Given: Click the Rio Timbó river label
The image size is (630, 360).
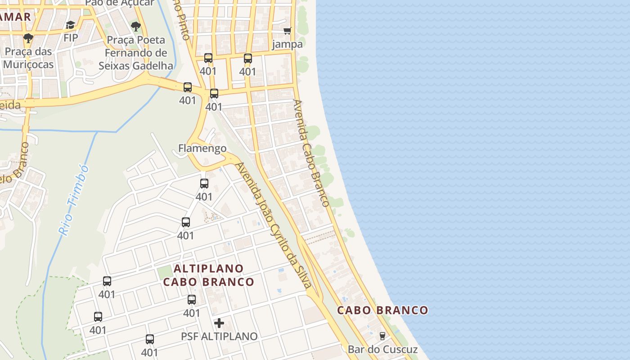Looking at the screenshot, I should click(74, 201).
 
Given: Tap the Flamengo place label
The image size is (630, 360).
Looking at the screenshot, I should click(202, 148).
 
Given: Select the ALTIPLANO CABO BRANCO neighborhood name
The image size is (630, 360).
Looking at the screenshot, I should click(209, 275).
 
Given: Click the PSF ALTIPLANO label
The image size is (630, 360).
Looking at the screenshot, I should click(219, 336).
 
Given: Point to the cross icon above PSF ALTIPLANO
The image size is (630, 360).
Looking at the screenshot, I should click(219, 323).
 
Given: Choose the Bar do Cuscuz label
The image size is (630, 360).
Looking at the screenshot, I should click(382, 349).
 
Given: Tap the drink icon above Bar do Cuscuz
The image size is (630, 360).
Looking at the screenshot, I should click(382, 336).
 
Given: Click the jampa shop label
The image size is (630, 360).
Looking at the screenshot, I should click(288, 44).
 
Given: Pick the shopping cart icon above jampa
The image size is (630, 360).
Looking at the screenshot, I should click(288, 31).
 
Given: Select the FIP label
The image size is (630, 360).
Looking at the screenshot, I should click(71, 38).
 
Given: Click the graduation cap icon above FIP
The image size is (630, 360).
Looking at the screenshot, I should click(70, 25).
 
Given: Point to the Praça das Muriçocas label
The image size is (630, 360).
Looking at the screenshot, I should click(28, 58).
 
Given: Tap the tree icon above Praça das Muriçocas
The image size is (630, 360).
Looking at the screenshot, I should click(28, 38).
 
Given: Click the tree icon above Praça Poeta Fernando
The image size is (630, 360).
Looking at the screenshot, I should click(135, 27).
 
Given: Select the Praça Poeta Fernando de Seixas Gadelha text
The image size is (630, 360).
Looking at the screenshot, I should click(135, 53).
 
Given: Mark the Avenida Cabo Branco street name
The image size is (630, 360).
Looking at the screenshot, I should click(311, 153).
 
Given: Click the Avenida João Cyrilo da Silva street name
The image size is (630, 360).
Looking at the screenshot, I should click(274, 225).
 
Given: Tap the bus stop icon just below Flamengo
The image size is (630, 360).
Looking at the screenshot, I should click(204, 184).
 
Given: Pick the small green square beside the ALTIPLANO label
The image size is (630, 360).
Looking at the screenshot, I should click(165, 272).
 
